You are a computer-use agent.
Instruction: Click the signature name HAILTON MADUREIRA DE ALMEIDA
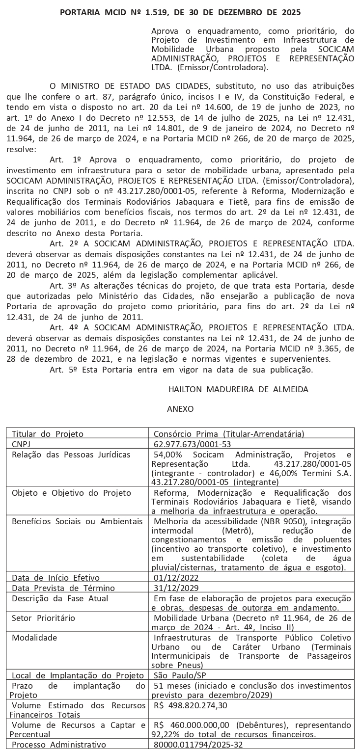(x=238, y=389)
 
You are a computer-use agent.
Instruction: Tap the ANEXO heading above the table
(x=180, y=408)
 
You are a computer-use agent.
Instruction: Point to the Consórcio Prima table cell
(x=229, y=433)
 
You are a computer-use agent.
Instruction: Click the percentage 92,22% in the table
(x=167, y=734)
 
